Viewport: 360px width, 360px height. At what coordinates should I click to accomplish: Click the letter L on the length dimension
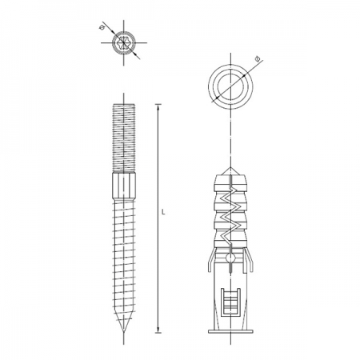[x=163, y=213]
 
